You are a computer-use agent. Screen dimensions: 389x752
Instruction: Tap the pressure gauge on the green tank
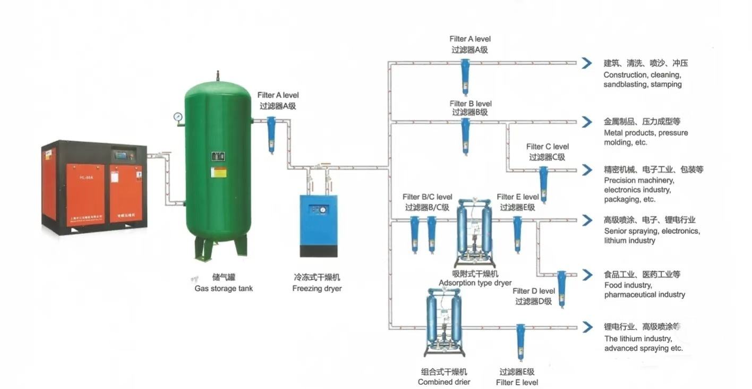(x=177, y=116)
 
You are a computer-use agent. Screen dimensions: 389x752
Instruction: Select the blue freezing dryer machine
(x=318, y=225)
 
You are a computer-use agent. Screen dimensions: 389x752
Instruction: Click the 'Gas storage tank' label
(x=223, y=289)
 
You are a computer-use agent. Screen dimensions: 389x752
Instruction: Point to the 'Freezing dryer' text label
(x=317, y=289)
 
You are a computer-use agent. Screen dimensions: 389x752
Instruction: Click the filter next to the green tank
(x=271, y=134)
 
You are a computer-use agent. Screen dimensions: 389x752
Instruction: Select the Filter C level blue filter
(x=543, y=184)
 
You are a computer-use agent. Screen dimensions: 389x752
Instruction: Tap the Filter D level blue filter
(x=561, y=289)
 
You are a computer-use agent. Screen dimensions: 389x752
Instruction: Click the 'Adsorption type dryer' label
(x=475, y=283)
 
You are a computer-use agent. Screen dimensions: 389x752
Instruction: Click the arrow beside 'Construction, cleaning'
(x=586, y=63)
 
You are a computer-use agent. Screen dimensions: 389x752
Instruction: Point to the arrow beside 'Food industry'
(x=586, y=275)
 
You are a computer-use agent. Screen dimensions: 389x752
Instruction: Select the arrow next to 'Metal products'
(x=586, y=122)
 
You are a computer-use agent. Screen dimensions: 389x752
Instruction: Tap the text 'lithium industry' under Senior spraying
(x=630, y=241)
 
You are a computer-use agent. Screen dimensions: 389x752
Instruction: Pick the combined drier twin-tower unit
(x=445, y=323)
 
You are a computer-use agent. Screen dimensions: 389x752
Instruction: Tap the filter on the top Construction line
(x=465, y=77)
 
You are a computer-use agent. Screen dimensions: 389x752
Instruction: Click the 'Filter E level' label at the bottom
(x=517, y=382)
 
